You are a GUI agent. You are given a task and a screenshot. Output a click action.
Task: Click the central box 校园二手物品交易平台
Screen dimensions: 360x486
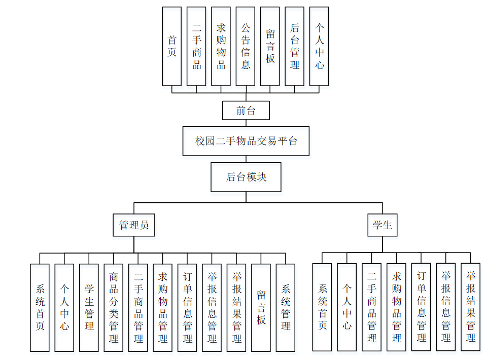pos(246,141)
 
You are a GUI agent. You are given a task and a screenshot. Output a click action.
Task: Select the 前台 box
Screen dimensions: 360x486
pos(246,111)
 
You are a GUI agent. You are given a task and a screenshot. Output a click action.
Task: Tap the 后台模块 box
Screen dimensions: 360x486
pos(246,177)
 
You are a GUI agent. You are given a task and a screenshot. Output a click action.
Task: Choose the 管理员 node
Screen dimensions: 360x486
pos(134,225)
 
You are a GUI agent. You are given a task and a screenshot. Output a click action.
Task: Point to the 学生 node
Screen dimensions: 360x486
pos(383,225)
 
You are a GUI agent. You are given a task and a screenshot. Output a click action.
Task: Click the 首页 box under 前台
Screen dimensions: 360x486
pos(172,46)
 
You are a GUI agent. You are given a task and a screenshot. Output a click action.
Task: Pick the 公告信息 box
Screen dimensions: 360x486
pos(246,46)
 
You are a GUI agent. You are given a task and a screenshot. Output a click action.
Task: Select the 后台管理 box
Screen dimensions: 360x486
pos(295,46)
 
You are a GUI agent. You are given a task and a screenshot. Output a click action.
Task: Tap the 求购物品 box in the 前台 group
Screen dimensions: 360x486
pos(221,46)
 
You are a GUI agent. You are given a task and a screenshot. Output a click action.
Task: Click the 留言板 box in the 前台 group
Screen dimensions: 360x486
pos(270,46)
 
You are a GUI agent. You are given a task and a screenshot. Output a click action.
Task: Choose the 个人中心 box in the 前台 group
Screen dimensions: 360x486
pos(319,46)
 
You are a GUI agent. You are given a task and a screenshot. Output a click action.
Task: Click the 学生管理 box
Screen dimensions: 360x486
pos(89,307)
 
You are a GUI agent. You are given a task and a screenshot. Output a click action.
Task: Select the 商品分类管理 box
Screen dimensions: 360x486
pos(114,307)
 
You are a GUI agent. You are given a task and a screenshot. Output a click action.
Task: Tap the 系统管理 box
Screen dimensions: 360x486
pos(286,307)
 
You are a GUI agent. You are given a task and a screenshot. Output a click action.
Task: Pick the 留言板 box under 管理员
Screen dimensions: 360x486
pos(261,307)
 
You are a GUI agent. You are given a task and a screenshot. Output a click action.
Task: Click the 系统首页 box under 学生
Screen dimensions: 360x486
pos(322,307)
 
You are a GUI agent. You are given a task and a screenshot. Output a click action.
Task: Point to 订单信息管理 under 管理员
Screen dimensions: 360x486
pos(187,307)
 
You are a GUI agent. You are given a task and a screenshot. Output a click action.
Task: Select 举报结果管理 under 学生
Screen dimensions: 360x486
pos(471,307)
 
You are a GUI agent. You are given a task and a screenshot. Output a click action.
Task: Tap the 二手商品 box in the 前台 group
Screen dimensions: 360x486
pos(197,46)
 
